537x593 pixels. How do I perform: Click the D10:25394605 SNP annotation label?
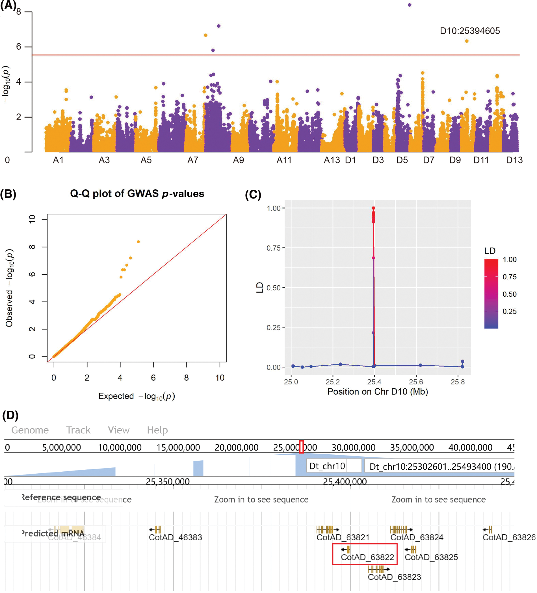[x=469, y=31]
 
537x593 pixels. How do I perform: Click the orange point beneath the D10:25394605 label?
[x=467, y=41]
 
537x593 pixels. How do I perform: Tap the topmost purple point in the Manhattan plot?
[x=410, y=5]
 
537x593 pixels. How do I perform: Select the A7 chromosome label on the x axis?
[x=193, y=160]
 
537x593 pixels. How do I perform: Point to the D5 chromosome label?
[x=402, y=160]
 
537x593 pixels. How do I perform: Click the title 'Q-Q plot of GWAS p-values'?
[x=137, y=194]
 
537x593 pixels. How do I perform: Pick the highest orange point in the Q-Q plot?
[x=138, y=242]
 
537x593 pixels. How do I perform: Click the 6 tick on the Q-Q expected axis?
[x=153, y=378]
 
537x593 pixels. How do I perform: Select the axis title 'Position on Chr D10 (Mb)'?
[x=378, y=392]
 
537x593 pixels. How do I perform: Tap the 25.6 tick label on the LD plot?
[x=416, y=382]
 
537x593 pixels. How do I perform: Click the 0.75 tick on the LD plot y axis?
[x=274, y=248]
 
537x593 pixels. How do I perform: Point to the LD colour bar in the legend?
[x=491, y=294]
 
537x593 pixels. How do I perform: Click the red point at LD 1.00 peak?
[x=374, y=208]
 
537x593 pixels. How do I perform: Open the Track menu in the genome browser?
[x=78, y=430]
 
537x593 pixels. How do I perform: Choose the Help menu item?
[x=157, y=430]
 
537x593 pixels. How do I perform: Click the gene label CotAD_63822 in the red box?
[x=367, y=557]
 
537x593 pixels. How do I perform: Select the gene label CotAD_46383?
[x=175, y=537]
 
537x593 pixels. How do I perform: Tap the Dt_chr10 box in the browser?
[x=327, y=466]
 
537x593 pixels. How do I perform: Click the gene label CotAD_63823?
[x=394, y=577]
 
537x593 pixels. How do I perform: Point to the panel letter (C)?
[x=253, y=194]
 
